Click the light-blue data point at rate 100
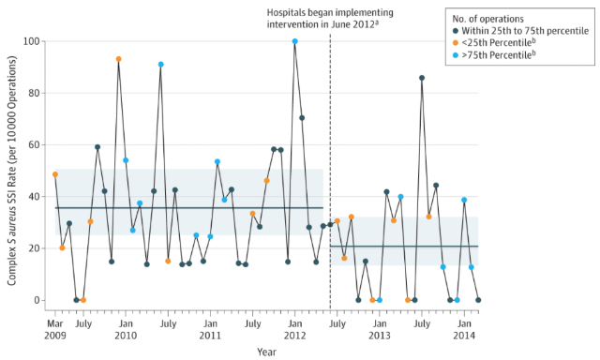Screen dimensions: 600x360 (x=294, y=41)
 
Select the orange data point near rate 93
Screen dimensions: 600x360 (x=119, y=59)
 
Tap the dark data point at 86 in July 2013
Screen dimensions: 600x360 (x=422, y=78)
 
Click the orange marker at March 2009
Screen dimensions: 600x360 (x=55, y=174)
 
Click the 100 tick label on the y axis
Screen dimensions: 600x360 (x=31, y=41)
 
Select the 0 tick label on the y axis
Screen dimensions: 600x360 (x=37, y=300)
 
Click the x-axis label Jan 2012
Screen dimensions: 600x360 (x=294, y=329)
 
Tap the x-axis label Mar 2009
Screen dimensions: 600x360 (x=55, y=329)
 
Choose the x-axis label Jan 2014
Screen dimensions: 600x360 (x=464, y=329)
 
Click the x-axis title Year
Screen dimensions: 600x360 (x=266, y=352)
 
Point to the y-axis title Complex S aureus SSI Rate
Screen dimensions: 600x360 (x=12, y=171)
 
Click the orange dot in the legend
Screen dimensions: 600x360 (x=456, y=43)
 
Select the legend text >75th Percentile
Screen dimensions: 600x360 (x=499, y=54)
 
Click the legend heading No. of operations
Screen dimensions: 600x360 (x=487, y=19)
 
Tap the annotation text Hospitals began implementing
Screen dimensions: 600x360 (x=330, y=12)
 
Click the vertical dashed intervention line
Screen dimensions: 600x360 (x=330, y=172)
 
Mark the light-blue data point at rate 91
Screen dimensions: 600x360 (x=161, y=65)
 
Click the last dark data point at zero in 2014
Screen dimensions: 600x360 (x=478, y=300)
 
